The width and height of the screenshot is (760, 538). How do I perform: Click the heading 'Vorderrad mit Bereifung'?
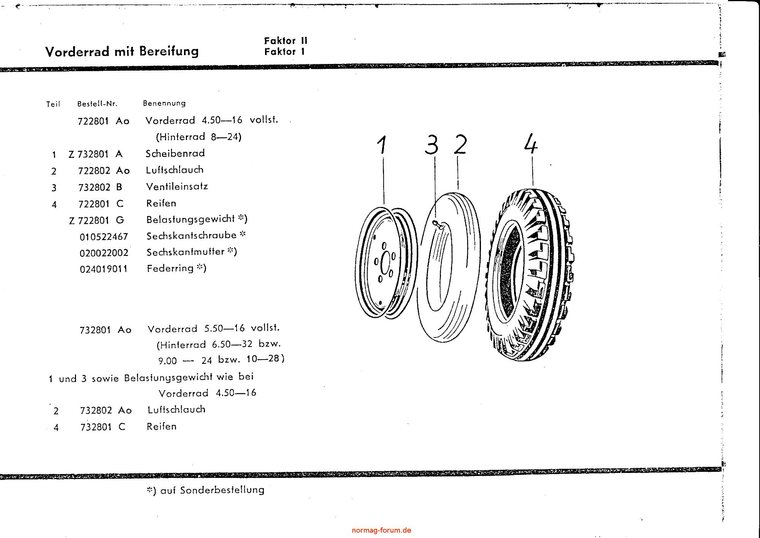pyautogui.click(x=122, y=51)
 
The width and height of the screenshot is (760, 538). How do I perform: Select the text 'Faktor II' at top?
pyautogui.click(x=286, y=41)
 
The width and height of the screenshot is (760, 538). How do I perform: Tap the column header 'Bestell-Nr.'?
pyautogui.click(x=97, y=103)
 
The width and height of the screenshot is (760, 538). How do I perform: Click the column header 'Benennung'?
pyautogui.click(x=164, y=103)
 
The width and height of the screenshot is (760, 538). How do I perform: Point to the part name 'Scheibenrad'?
pyautogui.click(x=175, y=153)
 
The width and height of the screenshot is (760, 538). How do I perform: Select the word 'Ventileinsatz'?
pyautogui.click(x=177, y=186)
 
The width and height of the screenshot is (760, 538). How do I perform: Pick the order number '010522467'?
pyautogui.click(x=104, y=237)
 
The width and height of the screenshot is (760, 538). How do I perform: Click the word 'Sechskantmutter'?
pyautogui.click(x=186, y=252)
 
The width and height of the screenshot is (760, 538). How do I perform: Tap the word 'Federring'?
pyautogui.click(x=170, y=268)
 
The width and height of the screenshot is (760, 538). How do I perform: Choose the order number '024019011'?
pyautogui.click(x=104, y=269)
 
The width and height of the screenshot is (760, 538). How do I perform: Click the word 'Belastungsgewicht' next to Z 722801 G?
pyautogui.click(x=190, y=219)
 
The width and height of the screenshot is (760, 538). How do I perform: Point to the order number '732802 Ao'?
pyautogui.click(x=106, y=410)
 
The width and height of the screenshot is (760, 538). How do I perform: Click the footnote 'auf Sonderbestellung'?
pyautogui.click(x=212, y=490)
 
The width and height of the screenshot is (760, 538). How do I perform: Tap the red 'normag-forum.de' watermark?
pyautogui.click(x=381, y=530)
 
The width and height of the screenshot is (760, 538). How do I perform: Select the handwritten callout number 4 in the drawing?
pyautogui.click(x=531, y=143)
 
